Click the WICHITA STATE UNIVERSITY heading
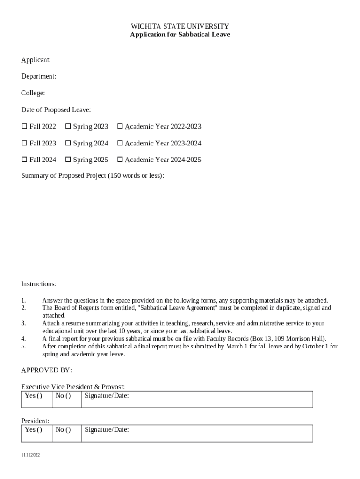(180, 26)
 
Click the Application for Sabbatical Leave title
(180, 35)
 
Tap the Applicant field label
(36, 60)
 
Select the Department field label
(39, 76)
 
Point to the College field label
(33, 93)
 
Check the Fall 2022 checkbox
(24, 127)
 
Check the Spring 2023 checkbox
(68, 127)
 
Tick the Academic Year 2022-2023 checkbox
(120, 127)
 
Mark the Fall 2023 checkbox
(24, 143)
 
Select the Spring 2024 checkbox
(68, 143)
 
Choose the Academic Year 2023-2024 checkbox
(120, 143)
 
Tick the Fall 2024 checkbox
(24, 160)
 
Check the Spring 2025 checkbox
(68, 160)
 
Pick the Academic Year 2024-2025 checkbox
(120, 160)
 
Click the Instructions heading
(39, 284)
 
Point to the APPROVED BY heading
(47, 370)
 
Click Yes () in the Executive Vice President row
(33, 396)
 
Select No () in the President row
(63, 430)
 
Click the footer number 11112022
(30, 455)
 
